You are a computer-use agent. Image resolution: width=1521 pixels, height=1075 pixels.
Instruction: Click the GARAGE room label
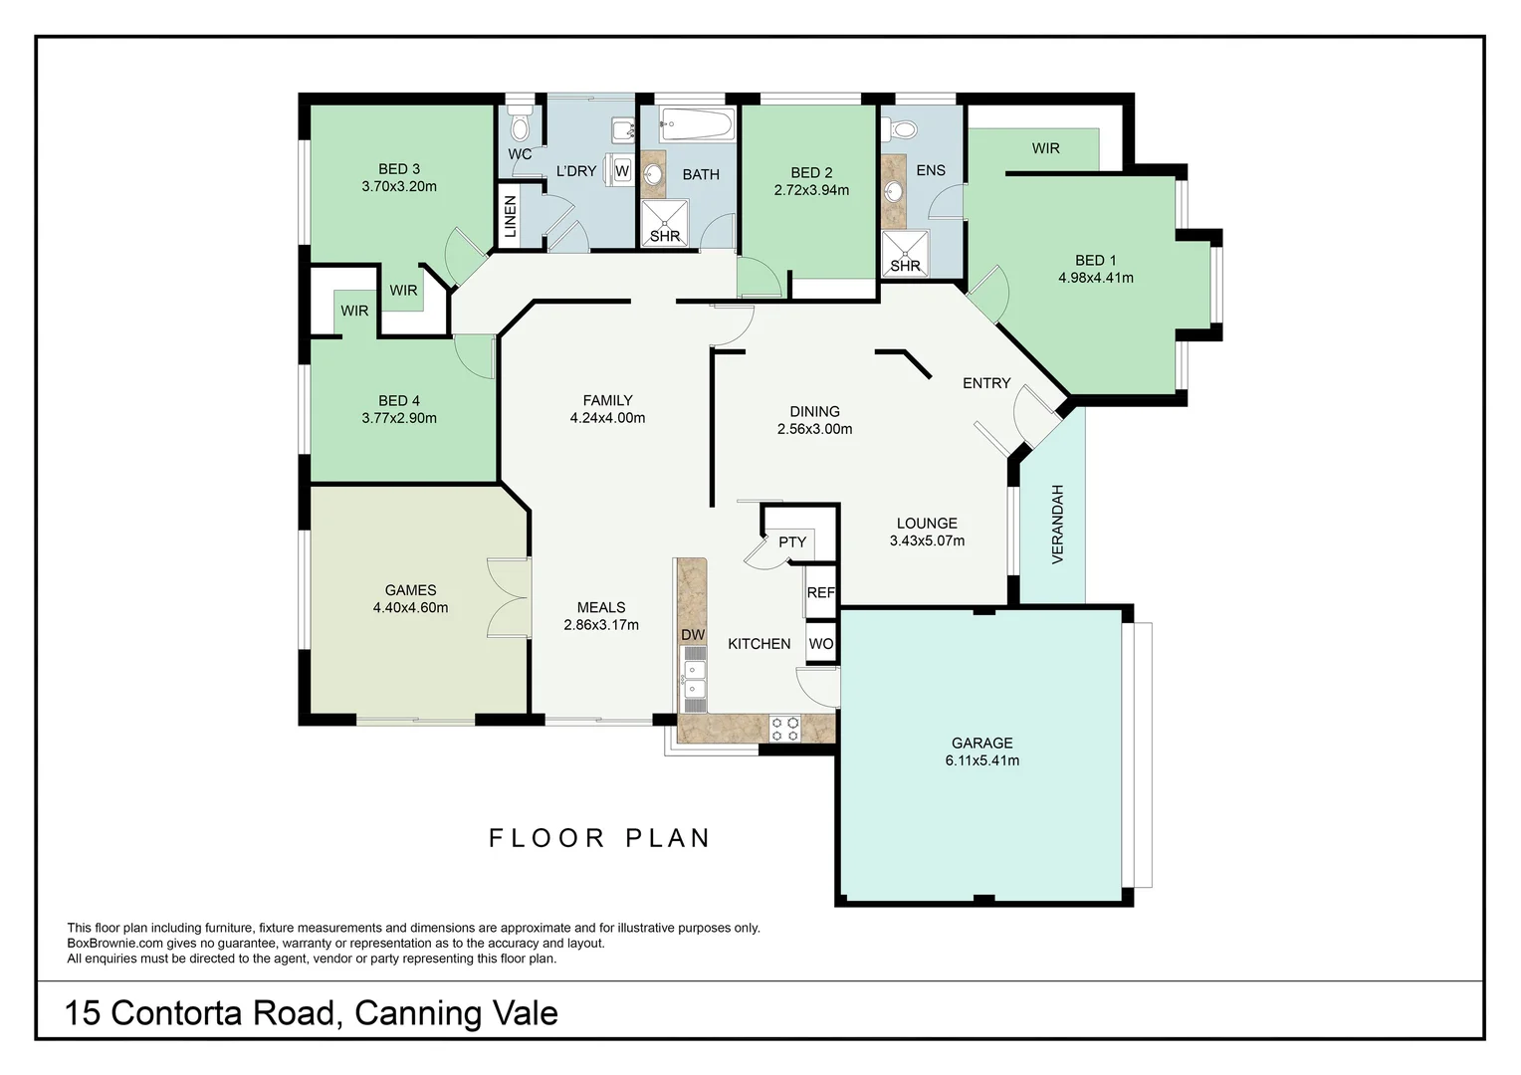click(x=981, y=744)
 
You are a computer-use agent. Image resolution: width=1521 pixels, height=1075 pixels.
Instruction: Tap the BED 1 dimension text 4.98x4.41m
click(x=1095, y=279)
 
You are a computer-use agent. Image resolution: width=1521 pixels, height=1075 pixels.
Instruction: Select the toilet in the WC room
click(x=519, y=125)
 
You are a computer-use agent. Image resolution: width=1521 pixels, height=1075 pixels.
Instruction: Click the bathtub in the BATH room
click(x=697, y=125)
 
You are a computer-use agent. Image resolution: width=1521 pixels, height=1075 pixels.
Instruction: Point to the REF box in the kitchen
click(x=820, y=592)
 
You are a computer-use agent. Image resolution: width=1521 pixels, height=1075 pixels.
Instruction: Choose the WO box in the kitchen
click(x=820, y=644)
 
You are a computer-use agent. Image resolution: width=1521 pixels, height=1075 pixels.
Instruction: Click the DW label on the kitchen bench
click(x=693, y=635)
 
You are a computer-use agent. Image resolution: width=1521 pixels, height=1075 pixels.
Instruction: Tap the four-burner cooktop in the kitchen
click(x=785, y=729)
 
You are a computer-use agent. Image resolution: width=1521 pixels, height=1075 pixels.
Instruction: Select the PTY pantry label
click(x=792, y=542)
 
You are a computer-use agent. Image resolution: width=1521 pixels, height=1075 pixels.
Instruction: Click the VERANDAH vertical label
click(x=1057, y=525)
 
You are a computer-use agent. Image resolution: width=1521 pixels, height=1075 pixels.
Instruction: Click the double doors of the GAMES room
click(x=508, y=597)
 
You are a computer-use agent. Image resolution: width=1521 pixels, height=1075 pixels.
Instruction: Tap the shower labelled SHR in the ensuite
click(x=905, y=254)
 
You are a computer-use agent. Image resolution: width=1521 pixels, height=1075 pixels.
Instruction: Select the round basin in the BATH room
click(x=653, y=175)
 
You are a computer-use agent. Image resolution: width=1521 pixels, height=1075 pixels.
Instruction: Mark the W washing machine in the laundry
click(x=622, y=170)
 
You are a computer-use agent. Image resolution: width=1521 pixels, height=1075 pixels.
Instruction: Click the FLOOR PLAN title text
click(x=600, y=838)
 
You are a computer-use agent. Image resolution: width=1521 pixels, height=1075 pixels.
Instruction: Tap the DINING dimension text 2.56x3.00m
click(x=814, y=430)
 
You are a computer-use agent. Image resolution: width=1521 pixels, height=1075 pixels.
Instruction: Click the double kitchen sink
click(x=693, y=679)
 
